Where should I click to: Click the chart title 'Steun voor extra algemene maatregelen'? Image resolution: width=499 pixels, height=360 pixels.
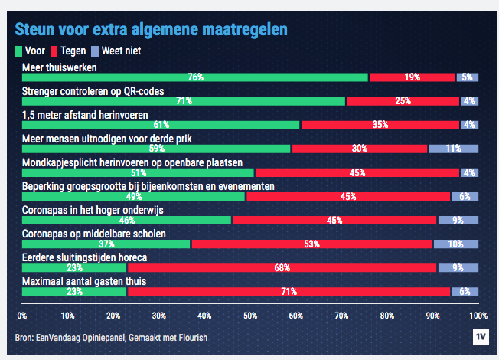point(152,31)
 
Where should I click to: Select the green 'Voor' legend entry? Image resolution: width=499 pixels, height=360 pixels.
point(30,51)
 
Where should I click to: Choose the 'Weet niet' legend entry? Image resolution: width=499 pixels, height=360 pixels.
point(115,51)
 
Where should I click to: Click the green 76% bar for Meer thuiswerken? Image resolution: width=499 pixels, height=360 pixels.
point(195,77)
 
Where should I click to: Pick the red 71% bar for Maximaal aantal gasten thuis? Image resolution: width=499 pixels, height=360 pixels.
point(289,291)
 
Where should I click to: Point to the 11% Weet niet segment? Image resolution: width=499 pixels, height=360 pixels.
point(453,149)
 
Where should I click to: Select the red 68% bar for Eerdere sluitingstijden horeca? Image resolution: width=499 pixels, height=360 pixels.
point(281,267)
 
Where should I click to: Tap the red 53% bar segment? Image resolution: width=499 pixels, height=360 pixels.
point(311,244)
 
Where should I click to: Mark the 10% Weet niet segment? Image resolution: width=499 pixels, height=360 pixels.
point(455,244)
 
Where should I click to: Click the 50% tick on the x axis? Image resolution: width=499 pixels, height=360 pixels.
point(249,315)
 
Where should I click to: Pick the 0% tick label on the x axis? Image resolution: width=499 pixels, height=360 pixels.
point(22,315)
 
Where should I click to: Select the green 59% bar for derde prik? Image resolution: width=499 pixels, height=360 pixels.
point(156,149)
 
